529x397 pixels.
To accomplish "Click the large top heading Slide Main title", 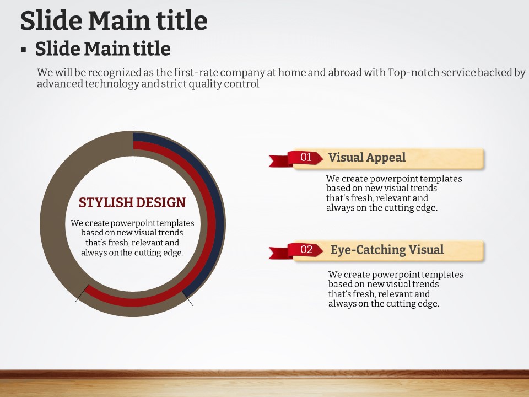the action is tap(114, 20).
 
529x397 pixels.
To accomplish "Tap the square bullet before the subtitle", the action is tap(23, 50).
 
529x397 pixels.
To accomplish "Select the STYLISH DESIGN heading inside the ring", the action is tap(132, 202).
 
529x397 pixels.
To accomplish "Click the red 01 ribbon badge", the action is tap(305, 157).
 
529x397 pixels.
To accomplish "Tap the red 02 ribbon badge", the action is tap(306, 249).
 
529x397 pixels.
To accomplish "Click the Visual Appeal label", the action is tap(367, 158).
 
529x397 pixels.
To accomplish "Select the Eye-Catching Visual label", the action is tap(387, 250).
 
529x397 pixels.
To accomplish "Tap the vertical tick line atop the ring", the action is tap(133, 142).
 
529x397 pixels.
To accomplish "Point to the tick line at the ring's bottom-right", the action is tap(187, 298).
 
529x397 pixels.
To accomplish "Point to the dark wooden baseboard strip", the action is tap(264, 374).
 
